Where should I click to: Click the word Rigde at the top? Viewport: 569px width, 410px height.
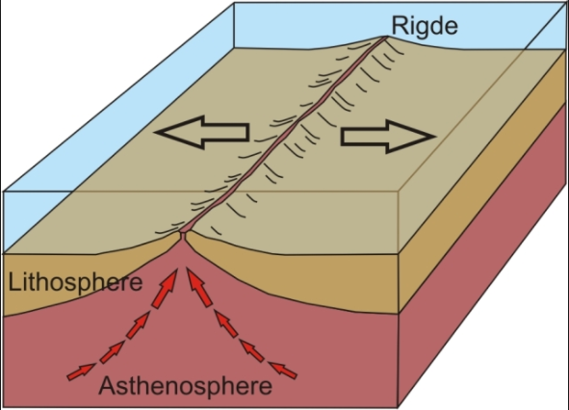pos(425,26)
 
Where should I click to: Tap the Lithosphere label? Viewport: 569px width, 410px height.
pos(75,282)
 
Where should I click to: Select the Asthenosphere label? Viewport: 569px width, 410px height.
pos(185,385)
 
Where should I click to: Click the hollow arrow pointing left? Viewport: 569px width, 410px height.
pos(202,132)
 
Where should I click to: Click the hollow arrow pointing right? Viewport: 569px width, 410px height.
pos(388,137)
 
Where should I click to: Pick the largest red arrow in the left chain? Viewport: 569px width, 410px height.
pos(165,288)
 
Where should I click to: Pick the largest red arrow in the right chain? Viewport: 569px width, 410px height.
pos(199,288)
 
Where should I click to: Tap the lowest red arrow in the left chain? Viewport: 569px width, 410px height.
pos(82,372)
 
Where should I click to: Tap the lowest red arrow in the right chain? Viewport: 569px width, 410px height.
pos(283,370)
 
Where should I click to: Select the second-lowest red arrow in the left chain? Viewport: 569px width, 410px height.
pos(112,352)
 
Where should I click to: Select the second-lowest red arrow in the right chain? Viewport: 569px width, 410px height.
pos(252,350)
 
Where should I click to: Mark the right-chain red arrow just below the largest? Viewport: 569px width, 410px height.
pos(225,323)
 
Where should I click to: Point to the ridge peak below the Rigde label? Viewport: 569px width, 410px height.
pos(385,37)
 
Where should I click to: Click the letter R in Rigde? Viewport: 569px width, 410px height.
pos(400,25)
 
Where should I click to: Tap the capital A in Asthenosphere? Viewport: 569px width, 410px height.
pos(106,385)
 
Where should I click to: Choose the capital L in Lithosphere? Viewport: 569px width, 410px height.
pos(13,282)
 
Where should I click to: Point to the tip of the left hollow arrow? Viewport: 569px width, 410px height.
pos(155,132)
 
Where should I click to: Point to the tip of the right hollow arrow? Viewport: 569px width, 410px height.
pos(435,137)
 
